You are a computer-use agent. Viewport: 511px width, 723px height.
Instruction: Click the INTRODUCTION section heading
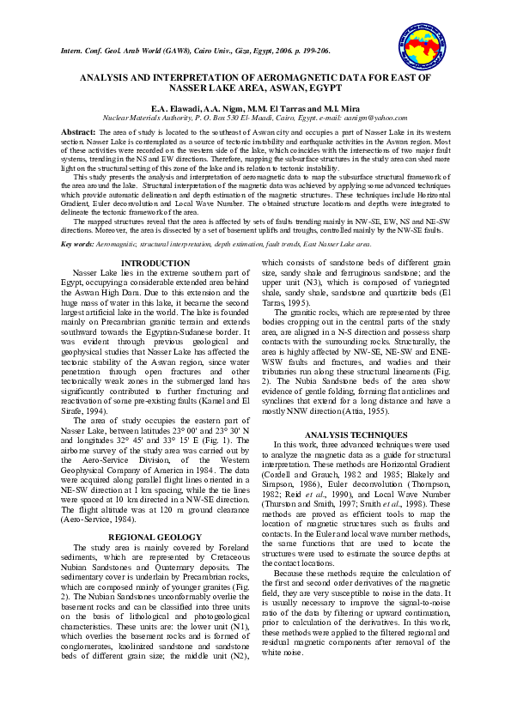(x=155, y=263)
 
